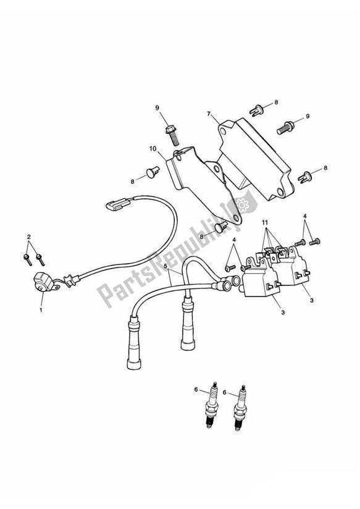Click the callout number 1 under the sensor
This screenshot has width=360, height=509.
pos(41,309)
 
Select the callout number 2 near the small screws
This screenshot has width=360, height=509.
pos(28,237)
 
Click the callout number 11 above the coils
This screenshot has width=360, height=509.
pos(264,222)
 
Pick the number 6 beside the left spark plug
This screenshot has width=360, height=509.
pos(197,390)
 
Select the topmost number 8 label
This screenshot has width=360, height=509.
pos(277,103)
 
